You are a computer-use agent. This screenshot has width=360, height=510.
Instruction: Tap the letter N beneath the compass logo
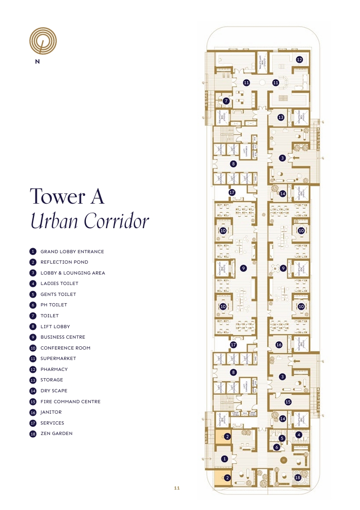(x=37, y=62)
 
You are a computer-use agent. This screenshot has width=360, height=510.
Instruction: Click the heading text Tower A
(x=67, y=196)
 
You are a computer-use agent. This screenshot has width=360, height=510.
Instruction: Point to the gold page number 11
(x=177, y=488)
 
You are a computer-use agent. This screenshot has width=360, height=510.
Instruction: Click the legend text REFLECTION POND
(x=64, y=262)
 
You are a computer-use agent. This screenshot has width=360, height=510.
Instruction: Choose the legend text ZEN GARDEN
(x=56, y=434)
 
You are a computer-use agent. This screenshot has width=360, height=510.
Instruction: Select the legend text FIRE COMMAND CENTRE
(x=70, y=402)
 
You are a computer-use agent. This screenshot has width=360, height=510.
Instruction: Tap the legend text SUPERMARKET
(x=58, y=359)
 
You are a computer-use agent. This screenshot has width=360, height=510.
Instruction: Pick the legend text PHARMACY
(x=54, y=370)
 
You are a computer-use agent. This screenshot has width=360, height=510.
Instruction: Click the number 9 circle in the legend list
(x=33, y=337)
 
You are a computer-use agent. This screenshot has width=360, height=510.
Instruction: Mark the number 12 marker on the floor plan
(x=299, y=60)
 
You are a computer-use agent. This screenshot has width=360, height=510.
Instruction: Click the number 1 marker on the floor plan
(x=224, y=459)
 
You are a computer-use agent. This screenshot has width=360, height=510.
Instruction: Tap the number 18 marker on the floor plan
(x=298, y=478)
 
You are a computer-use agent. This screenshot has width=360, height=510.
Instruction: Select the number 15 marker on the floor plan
(x=287, y=402)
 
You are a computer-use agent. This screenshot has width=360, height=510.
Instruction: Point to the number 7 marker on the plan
(x=226, y=101)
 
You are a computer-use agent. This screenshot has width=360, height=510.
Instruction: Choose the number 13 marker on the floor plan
(x=281, y=117)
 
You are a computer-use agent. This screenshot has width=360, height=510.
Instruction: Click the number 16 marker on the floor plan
(x=279, y=345)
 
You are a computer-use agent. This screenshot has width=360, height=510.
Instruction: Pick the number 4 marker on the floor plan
(x=299, y=435)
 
